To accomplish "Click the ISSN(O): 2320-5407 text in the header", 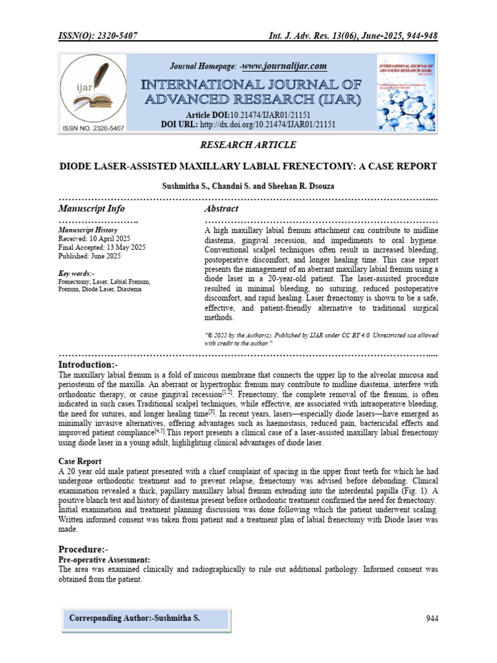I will pyautogui.click(x=97, y=37).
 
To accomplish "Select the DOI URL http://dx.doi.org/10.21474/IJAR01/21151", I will pyautogui.click(x=267, y=123).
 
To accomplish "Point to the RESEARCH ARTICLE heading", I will pyautogui.click(x=248, y=144).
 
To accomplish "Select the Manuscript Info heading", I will pyautogui.click(x=91, y=208).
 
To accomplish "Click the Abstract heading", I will pyautogui.click(x=221, y=208).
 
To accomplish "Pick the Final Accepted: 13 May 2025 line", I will pyautogui.click(x=102, y=247).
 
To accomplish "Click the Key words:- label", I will pyautogui.click(x=76, y=273).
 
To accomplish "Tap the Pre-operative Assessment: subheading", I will pyautogui.click(x=104, y=559).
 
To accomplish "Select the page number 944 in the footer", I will pyautogui.click(x=432, y=619).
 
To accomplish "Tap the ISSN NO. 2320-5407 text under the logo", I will pyautogui.click(x=92, y=128).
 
